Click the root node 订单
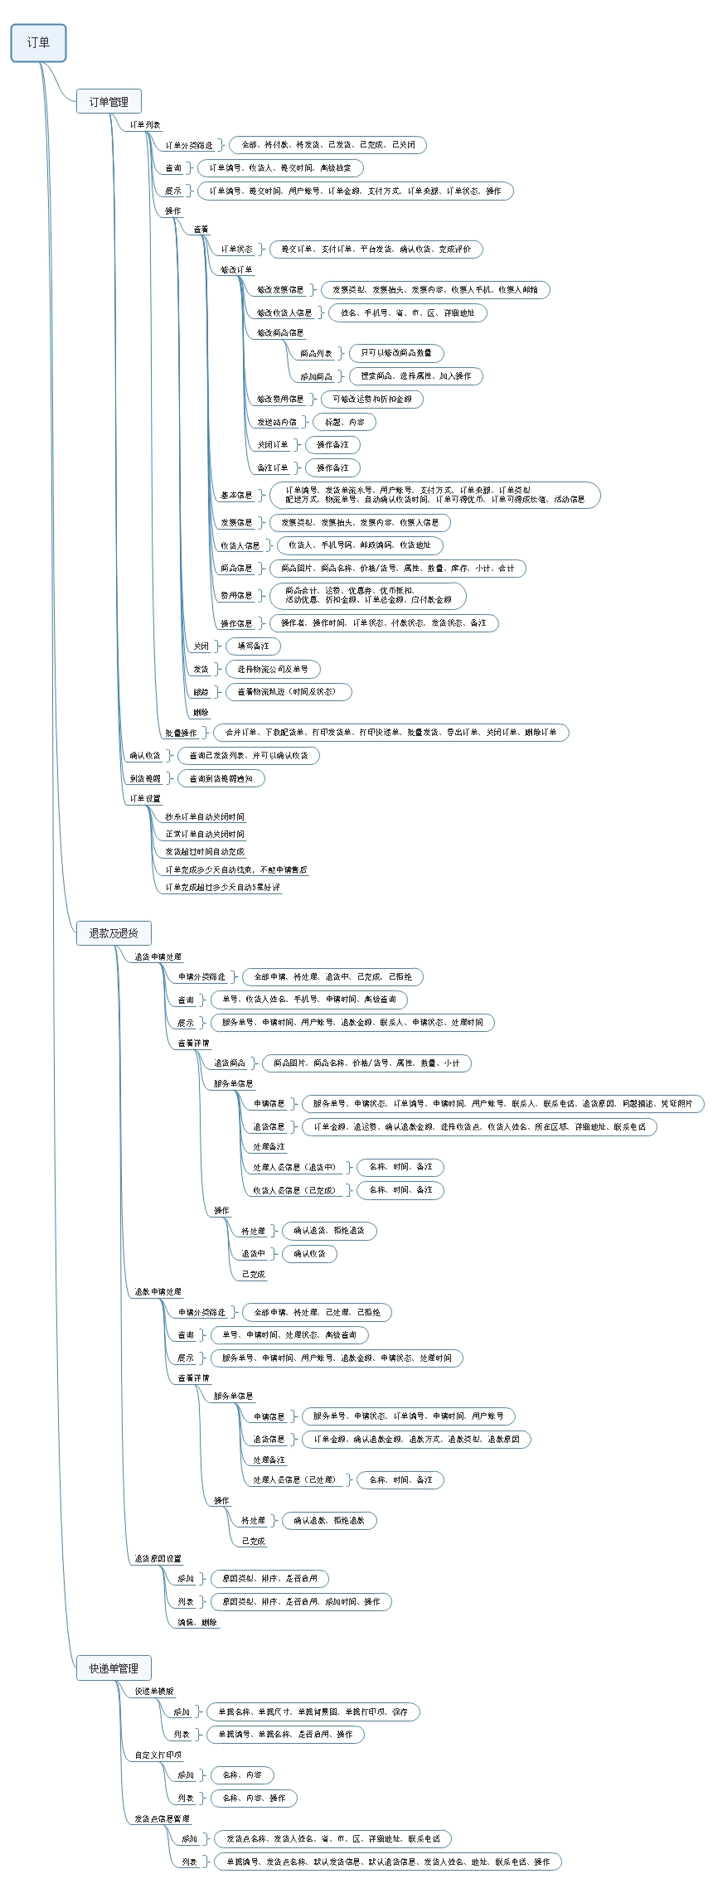coord(38,43)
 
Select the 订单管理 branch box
coord(109,102)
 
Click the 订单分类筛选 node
coord(189,145)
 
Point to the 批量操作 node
coord(181,733)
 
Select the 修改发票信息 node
coord(280,290)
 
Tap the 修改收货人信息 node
coord(284,313)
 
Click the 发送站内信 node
coord(276,422)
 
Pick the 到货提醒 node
coord(145,778)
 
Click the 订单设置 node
coord(145,799)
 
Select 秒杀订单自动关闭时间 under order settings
coord(205,817)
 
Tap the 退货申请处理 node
coord(158,956)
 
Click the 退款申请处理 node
coord(158,1292)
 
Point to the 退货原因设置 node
coord(158,1559)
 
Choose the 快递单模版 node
coord(154,1692)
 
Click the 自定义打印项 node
coord(158,1755)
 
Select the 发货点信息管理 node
coord(162,1818)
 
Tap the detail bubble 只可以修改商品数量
coord(396,353)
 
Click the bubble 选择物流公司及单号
coord(273,669)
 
